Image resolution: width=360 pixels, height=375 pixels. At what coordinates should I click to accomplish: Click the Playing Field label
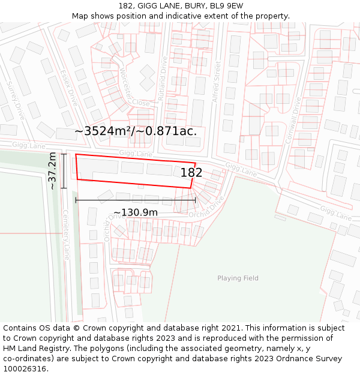238,278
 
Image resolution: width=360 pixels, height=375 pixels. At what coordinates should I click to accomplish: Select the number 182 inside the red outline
191,173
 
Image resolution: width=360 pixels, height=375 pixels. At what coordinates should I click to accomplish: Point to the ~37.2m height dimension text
53,171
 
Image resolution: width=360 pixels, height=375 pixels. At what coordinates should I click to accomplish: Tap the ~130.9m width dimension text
136,212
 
